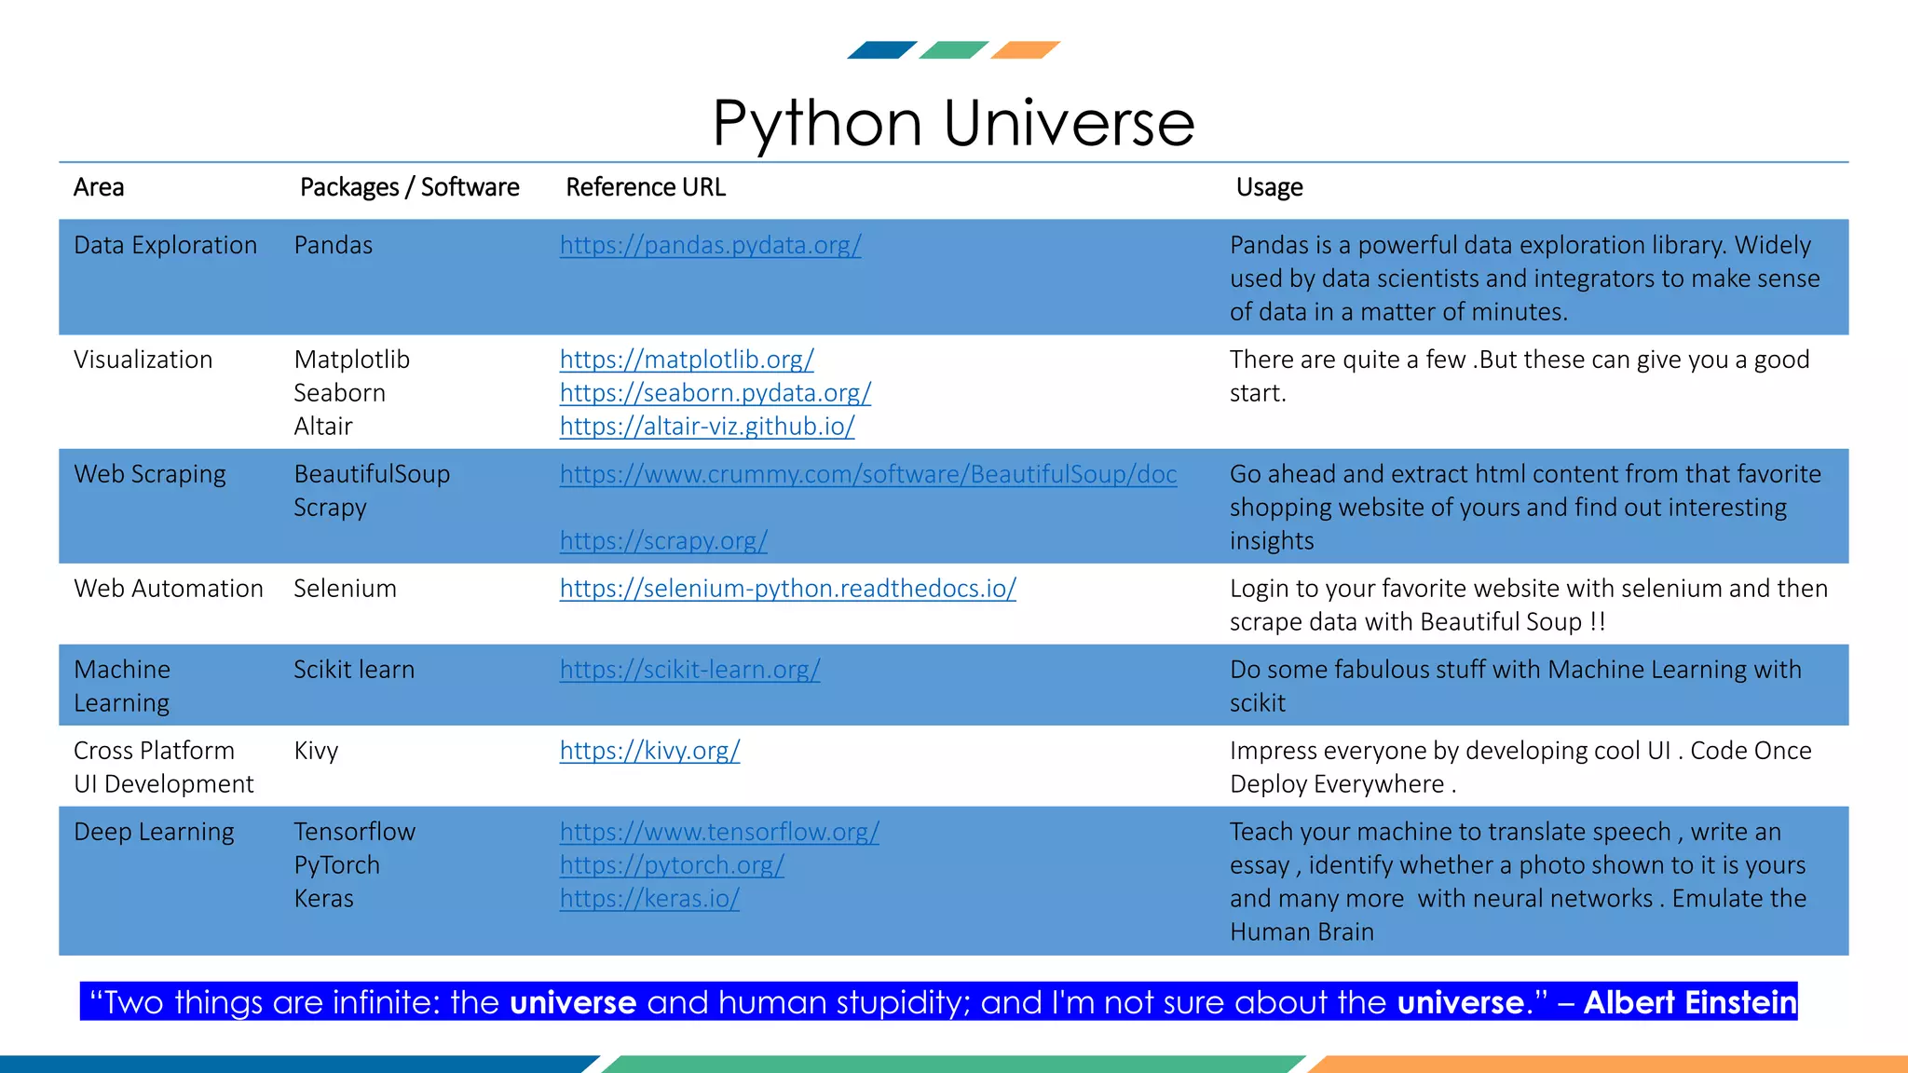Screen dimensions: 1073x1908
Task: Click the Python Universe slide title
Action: coord(953,124)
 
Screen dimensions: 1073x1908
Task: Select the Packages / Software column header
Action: coord(409,187)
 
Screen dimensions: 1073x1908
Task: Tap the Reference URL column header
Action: coord(645,187)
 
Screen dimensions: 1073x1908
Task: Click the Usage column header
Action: coord(1269,187)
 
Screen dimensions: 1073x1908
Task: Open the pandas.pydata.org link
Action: coord(710,245)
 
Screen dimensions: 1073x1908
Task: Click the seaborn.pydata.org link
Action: coord(715,393)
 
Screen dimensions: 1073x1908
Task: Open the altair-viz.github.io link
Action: coord(706,427)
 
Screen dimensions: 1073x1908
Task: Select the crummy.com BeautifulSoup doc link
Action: coord(867,474)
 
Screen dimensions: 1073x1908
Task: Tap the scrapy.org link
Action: coord(663,541)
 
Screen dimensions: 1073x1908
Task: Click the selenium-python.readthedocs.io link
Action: coord(787,589)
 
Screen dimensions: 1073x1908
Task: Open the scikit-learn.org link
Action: coord(689,670)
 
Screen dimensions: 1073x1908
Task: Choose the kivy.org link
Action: coord(649,751)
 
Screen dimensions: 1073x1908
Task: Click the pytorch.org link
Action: coord(672,865)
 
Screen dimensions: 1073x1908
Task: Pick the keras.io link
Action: coord(649,899)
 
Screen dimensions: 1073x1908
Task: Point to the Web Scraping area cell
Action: coord(150,474)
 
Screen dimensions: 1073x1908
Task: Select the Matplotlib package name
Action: coord(351,360)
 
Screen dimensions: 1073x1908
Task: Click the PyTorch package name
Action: coord(336,865)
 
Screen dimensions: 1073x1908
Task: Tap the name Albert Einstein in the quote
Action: coord(1689,1002)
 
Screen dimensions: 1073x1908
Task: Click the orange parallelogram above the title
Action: coord(1025,50)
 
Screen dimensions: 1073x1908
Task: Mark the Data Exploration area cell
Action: coord(165,245)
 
